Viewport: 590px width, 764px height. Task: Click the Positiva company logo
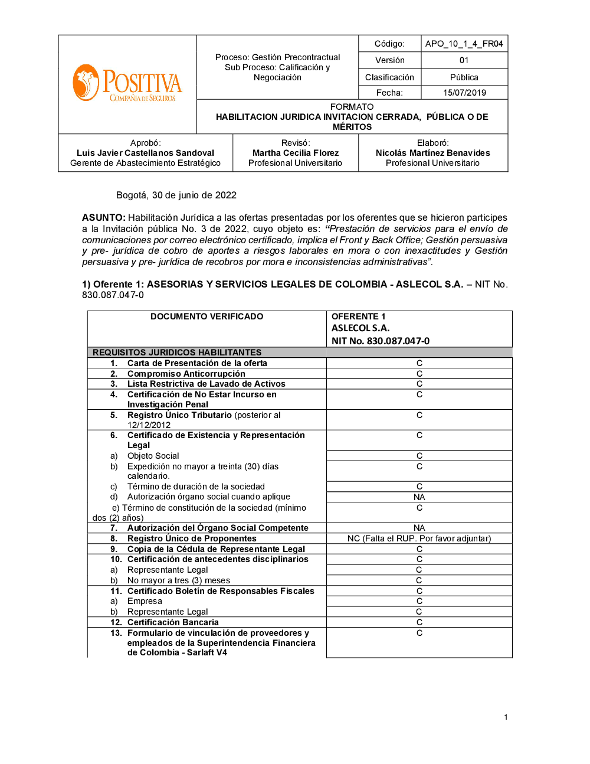point(127,83)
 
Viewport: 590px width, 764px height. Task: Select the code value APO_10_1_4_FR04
point(464,44)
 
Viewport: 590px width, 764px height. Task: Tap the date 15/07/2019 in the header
point(464,93)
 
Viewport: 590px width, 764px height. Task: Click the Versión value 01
point(464,60)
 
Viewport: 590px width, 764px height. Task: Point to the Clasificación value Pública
point(464,77)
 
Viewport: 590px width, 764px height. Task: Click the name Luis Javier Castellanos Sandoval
point(145,153)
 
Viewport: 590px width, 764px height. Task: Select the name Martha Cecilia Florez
point(296,153)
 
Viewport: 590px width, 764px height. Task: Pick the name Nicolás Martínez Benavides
point(432,153)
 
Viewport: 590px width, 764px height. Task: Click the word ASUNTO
point(103,218)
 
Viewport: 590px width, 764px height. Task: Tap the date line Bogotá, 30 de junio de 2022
point(176,195)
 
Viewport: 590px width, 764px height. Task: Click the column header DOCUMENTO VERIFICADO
point(206,316)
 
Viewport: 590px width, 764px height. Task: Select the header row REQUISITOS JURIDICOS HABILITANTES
point(177,352)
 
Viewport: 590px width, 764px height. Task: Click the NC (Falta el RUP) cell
point(419,538)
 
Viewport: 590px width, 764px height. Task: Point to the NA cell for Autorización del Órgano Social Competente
point(419,528)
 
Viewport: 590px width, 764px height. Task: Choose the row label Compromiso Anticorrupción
point(186,374)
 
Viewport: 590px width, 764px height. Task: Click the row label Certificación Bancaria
point(173,622)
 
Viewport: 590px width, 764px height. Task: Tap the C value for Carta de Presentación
point(419,363)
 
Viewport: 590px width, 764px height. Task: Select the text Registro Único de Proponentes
point(192,538)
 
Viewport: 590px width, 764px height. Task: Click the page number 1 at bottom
point(506,717)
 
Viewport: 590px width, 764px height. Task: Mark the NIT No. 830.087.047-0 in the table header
point(381,341)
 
